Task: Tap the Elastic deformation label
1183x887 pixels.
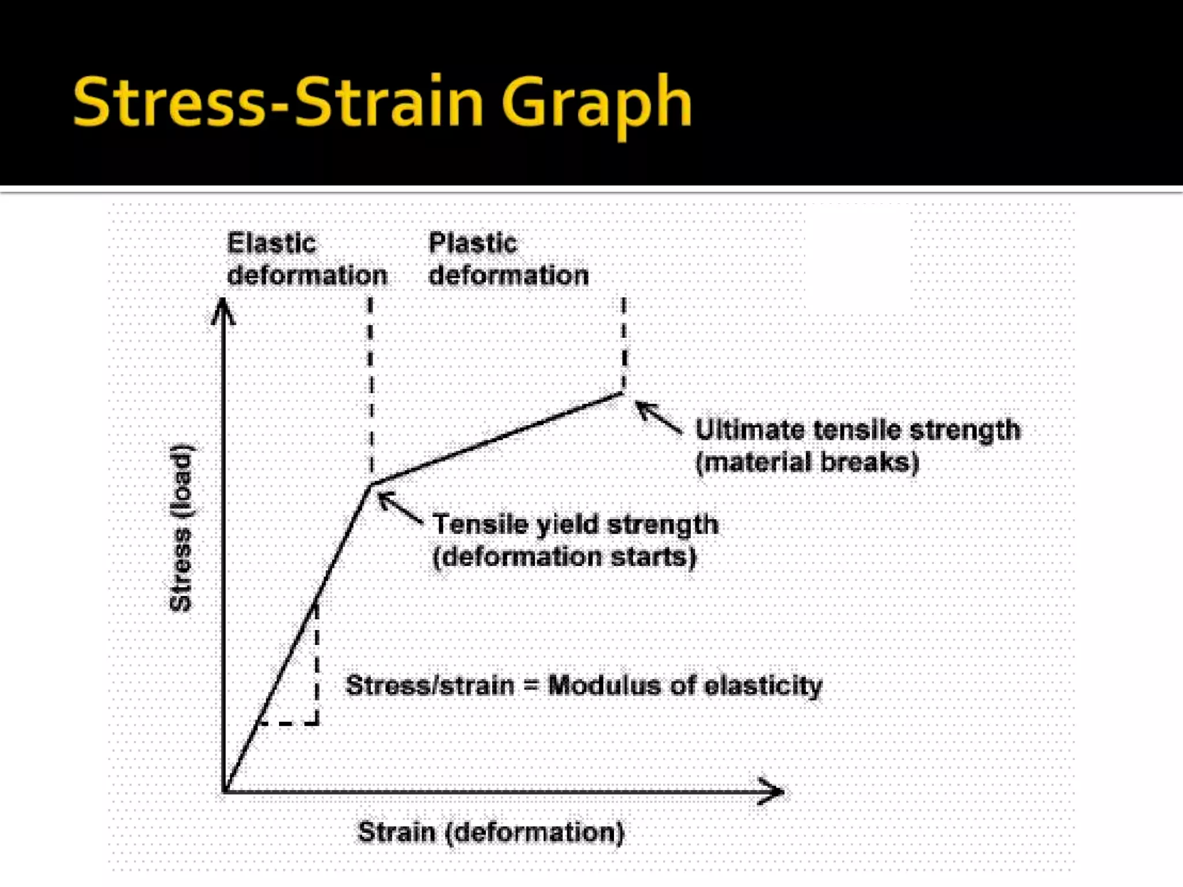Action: point(306,259)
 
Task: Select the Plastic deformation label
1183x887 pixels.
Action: point(508,259)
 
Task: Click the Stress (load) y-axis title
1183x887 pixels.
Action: point(181,528)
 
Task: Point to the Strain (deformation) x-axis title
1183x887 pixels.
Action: point(491,832)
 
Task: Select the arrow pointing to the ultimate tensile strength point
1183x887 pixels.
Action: point(658,416)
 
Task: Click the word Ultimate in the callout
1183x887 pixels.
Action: point(750,430)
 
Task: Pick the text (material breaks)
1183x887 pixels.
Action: point(807,463)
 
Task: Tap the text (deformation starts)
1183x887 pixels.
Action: point(564,557)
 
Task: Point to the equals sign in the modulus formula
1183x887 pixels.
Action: point(531,686)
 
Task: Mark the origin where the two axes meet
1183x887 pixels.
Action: point(224,791)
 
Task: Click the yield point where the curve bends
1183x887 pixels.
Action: point(371,484)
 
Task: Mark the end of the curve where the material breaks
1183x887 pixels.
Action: point(623,393)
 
